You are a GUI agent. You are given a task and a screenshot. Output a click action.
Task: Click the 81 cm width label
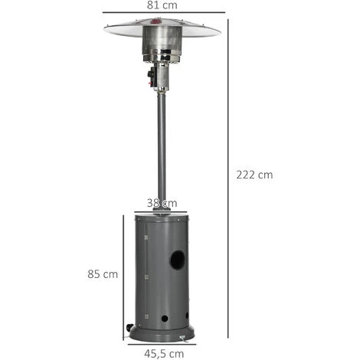(x=162, y=5)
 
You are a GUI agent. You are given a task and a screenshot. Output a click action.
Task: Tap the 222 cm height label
(x=254, y=175)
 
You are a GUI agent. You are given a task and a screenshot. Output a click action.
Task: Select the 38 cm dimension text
(x=162, y=203)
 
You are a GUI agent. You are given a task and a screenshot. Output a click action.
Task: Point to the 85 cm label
(x=103, y=274)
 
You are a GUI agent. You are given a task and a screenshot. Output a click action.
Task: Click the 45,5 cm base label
(x=164, y=354)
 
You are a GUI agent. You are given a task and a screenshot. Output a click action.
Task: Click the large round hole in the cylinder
(x=178, y=260)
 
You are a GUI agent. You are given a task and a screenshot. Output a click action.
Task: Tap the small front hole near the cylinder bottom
(x=165, y=319)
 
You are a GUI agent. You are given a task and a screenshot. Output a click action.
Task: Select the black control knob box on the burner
(x=151, y=77)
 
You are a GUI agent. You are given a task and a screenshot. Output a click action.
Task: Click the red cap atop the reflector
(x=155, y=21)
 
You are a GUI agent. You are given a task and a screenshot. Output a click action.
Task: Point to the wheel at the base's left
(x=129, y=327)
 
